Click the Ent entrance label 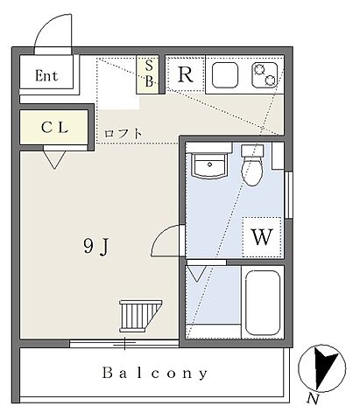pyautogui.click(x=46, y=76)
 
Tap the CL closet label pyautogui.click(x=54, y=127)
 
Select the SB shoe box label pyautogui.click(x=149, y=73)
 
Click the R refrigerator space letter pyautogui.click(x=185, y=74)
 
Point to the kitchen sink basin pyautogui.click(x=225, y=75)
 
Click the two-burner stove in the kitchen pyautogui.click(x=265, y=75)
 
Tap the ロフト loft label pyautogui.click(x=124, y=134)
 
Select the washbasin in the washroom pyautogui.click(x=209, y=165)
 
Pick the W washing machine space pyautogui.click(x=262, y=237)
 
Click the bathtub pyautogui.click(x=263, y=303)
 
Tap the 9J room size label pyautogui.click(x=96, y=247)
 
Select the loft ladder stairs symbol pyautogui.click(x=140, y=316)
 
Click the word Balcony pyautogui.click(x=155, y=373)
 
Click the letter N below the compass pyautogui.click(x=313, y=398)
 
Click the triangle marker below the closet pyautogui.click(x=54, y=159)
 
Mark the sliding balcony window pyautogui.click(x=124, y=343)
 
